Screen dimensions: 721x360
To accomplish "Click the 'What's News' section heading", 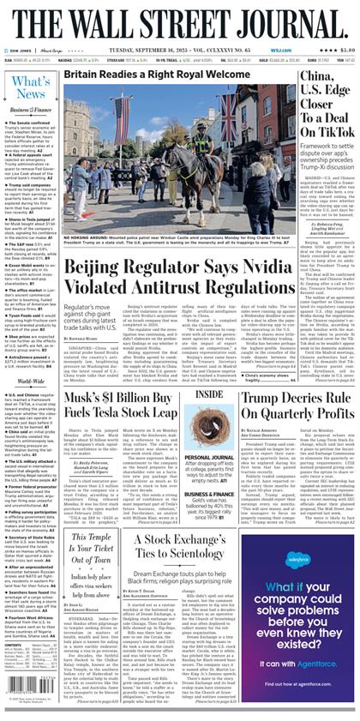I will click(x=31, y=87).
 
